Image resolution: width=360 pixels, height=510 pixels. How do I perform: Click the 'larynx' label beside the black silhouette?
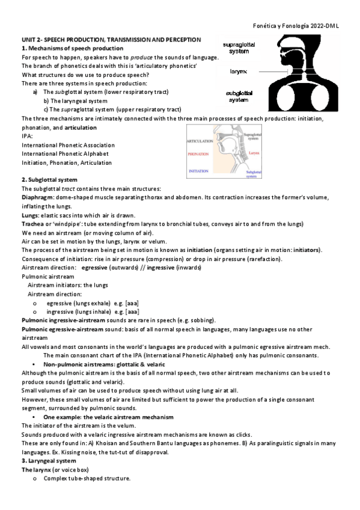click(238, 71)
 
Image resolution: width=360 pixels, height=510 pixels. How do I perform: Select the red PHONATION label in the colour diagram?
click(198, 154)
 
